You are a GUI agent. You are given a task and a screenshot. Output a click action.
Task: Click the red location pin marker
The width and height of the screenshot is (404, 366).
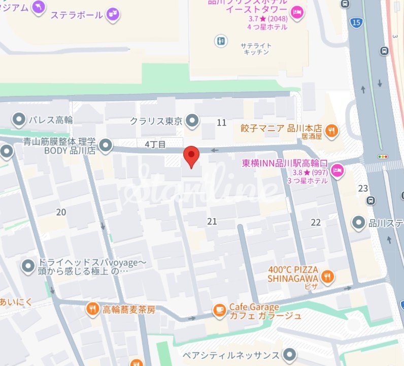click(191, 155)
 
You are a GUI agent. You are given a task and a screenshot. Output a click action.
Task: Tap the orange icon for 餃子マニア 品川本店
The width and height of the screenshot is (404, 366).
click(331, 130)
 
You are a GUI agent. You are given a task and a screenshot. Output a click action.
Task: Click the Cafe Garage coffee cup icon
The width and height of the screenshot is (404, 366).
click(219, 310)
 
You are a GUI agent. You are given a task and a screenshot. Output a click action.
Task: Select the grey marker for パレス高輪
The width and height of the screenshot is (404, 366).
click(19, 120)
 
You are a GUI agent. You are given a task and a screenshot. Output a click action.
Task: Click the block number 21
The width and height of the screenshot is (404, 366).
click(212, 221)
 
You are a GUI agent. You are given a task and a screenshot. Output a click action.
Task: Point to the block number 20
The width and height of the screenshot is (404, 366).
click(61, 212)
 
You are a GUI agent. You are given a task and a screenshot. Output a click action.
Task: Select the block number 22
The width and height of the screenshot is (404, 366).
click(316, 222)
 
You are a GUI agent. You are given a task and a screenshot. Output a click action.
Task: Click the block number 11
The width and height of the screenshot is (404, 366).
click(221, 123)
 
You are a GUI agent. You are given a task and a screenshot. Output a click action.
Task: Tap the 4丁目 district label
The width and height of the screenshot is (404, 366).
click(155, 144)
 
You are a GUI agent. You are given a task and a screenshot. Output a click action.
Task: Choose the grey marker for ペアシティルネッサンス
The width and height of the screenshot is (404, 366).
click(290, 354)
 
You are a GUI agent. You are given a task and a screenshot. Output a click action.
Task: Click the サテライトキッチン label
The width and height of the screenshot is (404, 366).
click(256, 49)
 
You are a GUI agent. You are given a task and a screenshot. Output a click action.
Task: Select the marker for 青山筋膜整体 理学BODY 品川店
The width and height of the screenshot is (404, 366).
click(106, 146)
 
